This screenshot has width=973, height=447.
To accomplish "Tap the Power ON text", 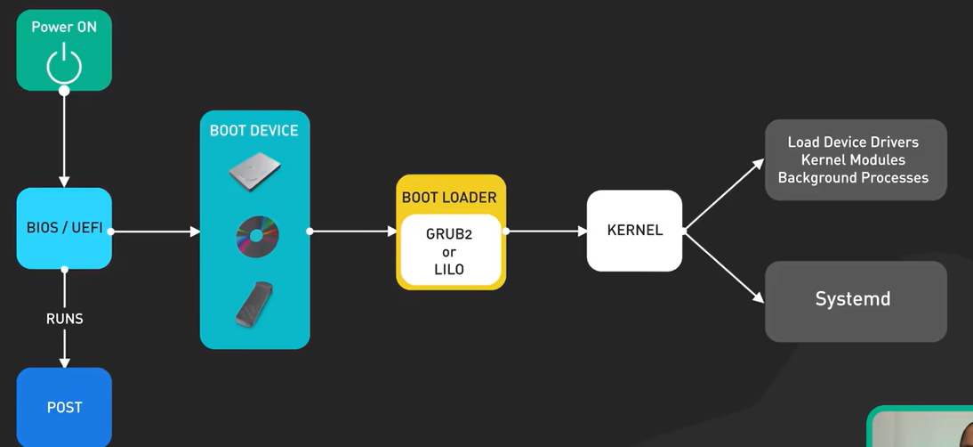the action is click(64, 27).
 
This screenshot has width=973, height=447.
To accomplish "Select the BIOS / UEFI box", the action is click(64, 228).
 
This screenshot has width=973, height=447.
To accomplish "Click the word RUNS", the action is click(65, 319).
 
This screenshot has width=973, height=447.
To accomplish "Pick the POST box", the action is click(64, 407).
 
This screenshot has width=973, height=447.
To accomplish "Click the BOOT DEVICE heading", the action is click(253, 130).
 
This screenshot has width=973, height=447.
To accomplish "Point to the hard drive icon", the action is click(254, 171).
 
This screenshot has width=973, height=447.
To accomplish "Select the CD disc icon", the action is click(257, 237).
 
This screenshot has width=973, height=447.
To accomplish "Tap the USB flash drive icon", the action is click(253, 305).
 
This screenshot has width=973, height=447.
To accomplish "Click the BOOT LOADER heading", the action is click(449, 198).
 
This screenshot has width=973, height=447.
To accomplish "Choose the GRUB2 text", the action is click(449, 235).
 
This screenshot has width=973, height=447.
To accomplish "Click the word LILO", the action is click(449, 270).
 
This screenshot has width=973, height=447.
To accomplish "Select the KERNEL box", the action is click(635, 231).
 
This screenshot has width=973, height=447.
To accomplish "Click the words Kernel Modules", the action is click(853, 160).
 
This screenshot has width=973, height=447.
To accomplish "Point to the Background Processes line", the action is click(853, 178).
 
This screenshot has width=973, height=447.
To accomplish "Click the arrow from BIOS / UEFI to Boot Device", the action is click(155, 232).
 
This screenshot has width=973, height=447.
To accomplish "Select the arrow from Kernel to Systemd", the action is click(724, 267).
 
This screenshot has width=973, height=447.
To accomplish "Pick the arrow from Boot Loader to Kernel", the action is click(546, 232).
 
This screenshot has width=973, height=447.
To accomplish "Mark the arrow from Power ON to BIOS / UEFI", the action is click(64, 138).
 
